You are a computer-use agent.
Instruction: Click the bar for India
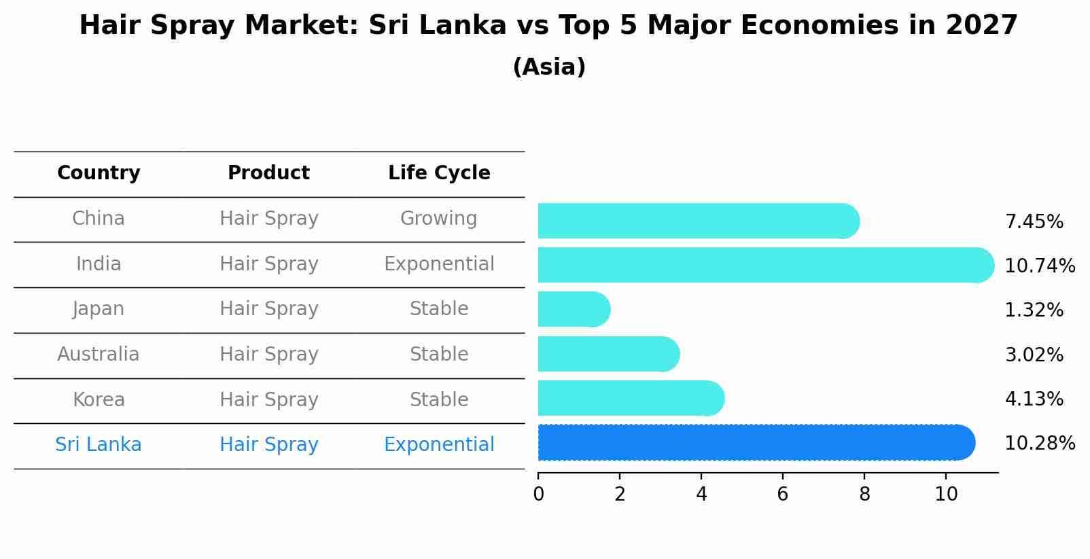coord(764,265)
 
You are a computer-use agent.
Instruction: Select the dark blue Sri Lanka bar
coord(756,443)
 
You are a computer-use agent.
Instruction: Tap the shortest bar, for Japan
coord(574,309)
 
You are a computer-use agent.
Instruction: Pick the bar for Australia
coord(608,354)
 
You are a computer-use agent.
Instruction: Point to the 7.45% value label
coord(1034,222)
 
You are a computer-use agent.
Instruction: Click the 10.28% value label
coord(1039,444)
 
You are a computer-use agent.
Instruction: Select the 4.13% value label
coord(1034,399)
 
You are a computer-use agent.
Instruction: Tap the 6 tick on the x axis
coord(783,494)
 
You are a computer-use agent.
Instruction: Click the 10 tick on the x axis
coord(946,494)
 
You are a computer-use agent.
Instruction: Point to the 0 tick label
coord(539,494)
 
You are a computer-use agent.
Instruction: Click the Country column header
coord(99,173)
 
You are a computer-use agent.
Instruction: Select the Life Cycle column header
coord(439,173)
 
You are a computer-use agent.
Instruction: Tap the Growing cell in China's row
coord(438,219)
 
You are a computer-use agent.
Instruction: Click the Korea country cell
coord(99,400)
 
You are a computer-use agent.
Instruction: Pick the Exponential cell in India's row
coord(439,264)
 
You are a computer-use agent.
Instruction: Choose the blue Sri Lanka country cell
coord(99,445)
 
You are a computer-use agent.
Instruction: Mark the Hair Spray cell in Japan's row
coord(269,309)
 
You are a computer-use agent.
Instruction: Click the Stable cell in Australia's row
coord(438,355)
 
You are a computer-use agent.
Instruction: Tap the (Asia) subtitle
coord(549,67)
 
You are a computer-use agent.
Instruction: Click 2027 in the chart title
coord(981,26)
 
